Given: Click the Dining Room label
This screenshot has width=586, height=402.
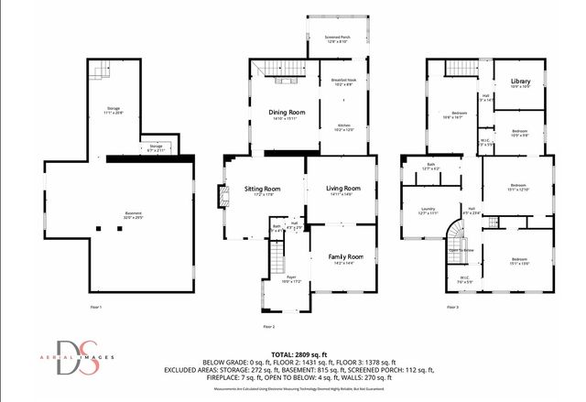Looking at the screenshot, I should click(286, 113).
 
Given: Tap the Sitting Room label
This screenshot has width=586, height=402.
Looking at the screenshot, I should click(262, 190).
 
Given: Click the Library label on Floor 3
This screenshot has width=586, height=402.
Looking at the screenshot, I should click(519, 81).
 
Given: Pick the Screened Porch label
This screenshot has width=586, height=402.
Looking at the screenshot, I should click(338, 38).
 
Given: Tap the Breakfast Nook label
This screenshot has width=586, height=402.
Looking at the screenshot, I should click(344, 81).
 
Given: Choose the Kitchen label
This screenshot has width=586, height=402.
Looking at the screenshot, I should click(344, 126).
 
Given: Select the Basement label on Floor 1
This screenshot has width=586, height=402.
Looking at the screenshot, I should click(134, 215).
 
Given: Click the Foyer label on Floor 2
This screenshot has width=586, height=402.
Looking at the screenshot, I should click(291, 278).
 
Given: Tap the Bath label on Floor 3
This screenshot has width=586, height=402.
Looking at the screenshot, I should click(429, 166).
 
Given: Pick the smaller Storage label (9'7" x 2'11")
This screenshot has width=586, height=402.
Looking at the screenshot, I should click(157, 147).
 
